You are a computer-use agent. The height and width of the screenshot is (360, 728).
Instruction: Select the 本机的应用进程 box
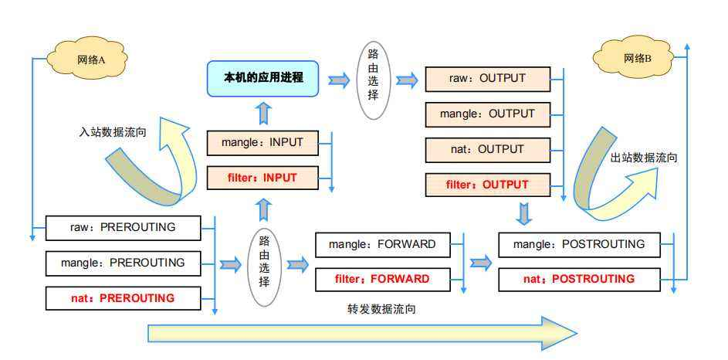263,78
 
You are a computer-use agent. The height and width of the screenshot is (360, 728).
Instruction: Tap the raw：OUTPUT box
487,79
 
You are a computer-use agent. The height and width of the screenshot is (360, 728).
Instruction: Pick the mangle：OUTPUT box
487,114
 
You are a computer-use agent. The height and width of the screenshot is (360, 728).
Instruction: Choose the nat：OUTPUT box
487,149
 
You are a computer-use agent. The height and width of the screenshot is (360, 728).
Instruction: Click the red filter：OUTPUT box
487,185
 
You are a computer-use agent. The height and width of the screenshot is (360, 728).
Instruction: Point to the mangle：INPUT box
262,143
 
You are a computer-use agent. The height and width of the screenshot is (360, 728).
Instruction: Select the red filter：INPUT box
262,178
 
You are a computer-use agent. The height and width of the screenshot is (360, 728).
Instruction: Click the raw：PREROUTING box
122,228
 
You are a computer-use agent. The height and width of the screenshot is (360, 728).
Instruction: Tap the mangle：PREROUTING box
122,263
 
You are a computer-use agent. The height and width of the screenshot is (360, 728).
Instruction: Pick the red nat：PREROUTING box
122,297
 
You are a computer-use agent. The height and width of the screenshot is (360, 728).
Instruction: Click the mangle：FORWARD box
381,245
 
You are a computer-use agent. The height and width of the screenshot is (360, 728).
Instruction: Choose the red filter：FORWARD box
381,279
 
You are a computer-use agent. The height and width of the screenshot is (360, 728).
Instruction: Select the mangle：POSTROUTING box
579,244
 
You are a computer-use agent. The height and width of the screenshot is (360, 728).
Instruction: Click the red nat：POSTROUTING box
579,279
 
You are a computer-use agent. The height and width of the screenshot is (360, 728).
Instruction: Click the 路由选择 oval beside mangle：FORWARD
264,263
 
